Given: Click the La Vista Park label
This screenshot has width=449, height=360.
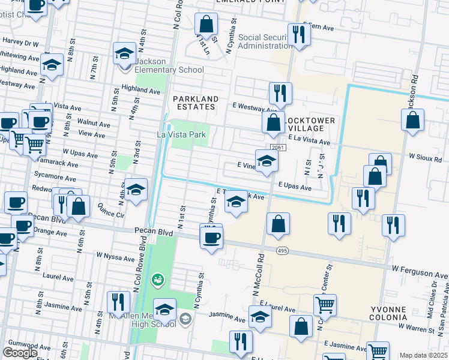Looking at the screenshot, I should tap(182, 134).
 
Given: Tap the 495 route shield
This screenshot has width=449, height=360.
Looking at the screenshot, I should tap(282, 250).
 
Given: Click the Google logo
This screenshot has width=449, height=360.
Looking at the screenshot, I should tap(20, 353).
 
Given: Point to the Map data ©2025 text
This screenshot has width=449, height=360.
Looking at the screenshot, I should tap(424, 355).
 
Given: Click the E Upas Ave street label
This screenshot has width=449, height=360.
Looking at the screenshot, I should tap(294, 187).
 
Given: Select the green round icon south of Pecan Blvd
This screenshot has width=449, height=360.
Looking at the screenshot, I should tap(158, 279).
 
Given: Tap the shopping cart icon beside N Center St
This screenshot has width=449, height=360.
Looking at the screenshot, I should tap(325, 304).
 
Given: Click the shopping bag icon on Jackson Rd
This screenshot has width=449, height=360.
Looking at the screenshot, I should tap(413, 120).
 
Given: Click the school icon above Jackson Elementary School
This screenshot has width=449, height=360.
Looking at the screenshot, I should tap(124, 53).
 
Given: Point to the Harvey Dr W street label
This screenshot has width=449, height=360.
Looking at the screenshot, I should tap(20, 43).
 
